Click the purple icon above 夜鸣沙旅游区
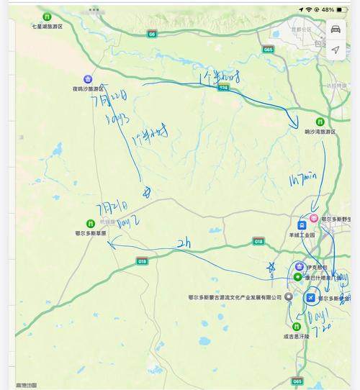pos(88,78)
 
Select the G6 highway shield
pos(152,34)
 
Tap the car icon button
pos(336,28)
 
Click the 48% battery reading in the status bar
pos(328,9)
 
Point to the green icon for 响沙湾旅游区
pos(320,122)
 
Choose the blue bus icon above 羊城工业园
pos(302,225)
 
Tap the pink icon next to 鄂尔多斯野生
pos(315,218)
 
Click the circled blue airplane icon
pos(310,297)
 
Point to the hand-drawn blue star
pos(270,269)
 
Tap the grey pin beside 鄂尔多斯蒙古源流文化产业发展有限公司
pos(289,296)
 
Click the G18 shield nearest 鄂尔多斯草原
pos(142,261)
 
